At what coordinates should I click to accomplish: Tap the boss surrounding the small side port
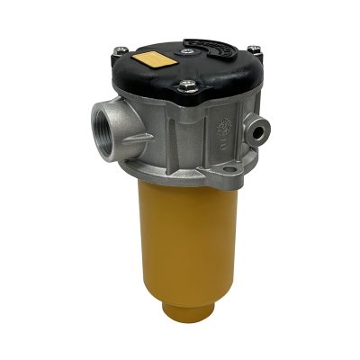coord(260,130)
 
